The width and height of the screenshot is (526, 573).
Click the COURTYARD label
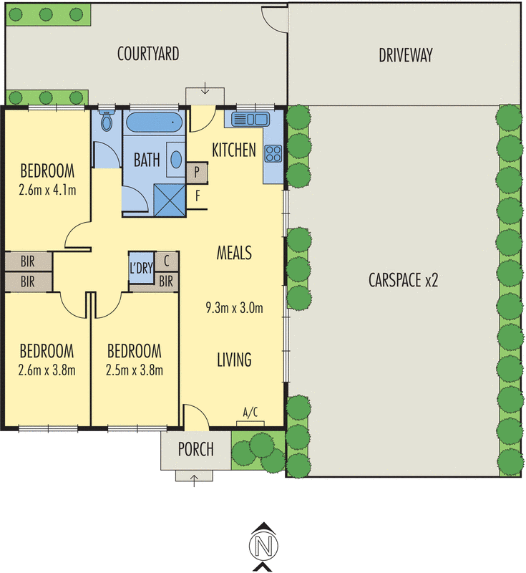(x=148, y=54)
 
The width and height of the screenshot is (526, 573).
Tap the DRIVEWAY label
(x=406, y=55)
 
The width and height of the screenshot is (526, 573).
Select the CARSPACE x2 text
(x=403, y=279)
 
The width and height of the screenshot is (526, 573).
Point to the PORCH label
(x=195, y=450)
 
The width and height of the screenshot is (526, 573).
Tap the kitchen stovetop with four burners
(x=273, y=152)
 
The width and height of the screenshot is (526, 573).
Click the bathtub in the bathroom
(x=155, y=122)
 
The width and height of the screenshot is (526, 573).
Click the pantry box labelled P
(x=197, y=172)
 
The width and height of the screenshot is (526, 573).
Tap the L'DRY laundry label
(x=141, y=269)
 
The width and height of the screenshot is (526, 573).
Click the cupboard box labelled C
(x=166, y=261)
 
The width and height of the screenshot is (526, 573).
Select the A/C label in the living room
(x=250, y=413)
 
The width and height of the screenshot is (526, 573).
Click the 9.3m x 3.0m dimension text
(x=233, y=309)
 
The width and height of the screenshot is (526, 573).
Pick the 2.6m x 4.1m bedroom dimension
(x=47, y=190)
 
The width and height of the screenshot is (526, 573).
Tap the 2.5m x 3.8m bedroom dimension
(x=134, y=370)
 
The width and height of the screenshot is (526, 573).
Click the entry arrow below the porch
(x=195, y=478)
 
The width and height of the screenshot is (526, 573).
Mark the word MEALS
(x=234, y=252)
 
